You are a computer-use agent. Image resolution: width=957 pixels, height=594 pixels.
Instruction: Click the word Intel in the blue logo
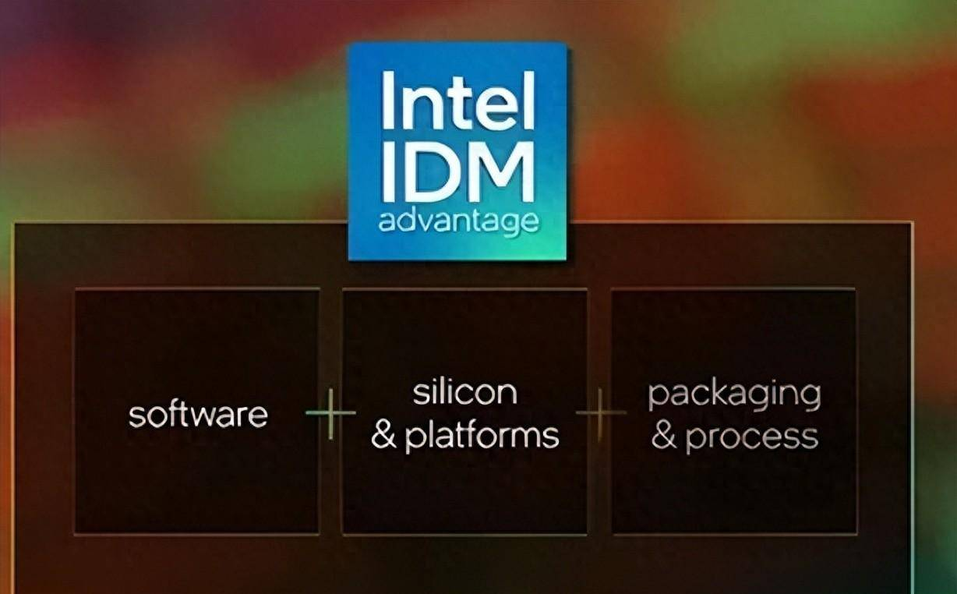458,101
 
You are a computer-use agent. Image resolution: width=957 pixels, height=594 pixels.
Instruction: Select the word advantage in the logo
458,221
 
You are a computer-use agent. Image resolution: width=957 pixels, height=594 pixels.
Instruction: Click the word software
198,414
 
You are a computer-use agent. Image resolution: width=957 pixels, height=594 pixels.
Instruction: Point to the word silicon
465,392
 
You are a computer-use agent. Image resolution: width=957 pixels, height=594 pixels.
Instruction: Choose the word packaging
734,395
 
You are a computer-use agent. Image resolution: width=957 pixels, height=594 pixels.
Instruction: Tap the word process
751,437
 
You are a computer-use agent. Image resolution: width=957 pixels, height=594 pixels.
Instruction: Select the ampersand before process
663,437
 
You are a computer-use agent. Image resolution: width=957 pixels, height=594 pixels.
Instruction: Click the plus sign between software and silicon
330,413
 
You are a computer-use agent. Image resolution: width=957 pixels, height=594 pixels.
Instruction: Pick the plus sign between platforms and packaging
600,413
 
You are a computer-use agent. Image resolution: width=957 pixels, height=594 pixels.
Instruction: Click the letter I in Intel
386,101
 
